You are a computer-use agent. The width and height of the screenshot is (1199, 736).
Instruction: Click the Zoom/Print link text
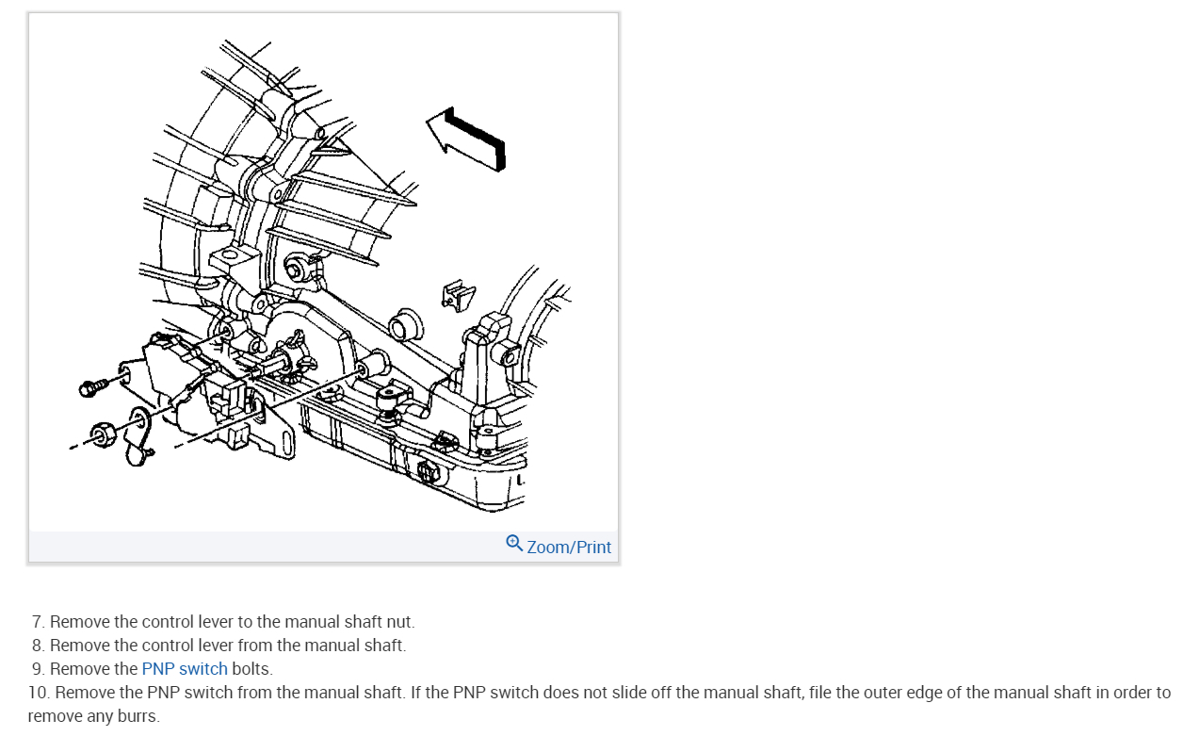(x=569, y=547)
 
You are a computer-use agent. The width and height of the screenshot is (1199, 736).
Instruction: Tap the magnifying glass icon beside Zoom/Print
(x=514, y=543)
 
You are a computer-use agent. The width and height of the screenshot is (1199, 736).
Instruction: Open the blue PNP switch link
(x=185, y=669)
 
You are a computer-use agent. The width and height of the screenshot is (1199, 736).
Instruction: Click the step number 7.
(x=38, y=622)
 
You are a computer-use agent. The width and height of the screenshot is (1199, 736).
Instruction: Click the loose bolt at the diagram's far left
(x=90, y=386)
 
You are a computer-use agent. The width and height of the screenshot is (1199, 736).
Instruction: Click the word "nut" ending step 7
(x=402, y=622)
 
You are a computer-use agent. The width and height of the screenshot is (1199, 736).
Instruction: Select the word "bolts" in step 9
(x=251, y=669)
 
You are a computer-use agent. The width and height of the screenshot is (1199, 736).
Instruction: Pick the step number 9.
(x=38, y=669)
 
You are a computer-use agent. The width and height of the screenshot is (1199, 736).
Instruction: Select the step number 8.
(x=38, y=646)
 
